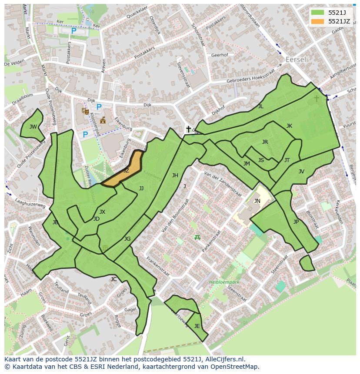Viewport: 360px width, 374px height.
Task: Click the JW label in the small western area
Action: [x=33, y=127]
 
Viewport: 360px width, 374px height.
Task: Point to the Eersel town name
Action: [x=296, y=60]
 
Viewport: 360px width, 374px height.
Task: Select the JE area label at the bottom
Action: [x=197, y=326]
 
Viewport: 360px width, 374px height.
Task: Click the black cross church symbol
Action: [x=188, y=129]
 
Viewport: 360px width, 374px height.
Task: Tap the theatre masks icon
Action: [x=85, y=111]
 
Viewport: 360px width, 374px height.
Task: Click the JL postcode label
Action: [x=260, y=106]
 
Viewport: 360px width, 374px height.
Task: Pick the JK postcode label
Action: [x=289, y=126]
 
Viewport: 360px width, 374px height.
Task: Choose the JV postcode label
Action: [x=301, y=172]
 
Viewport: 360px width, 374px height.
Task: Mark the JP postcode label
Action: [x=296, y=222]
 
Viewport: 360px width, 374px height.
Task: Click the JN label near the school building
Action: [x=257, y=201]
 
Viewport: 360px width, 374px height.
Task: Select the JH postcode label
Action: [x=175, y=175]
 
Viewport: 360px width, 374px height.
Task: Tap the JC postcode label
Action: [x=113, y=279]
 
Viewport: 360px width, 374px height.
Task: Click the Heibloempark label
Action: [x=224, y=282]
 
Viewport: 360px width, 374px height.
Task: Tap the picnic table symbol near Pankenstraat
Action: [x=197, y=237]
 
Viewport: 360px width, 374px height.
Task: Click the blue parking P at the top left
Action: [x=73, y=31]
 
